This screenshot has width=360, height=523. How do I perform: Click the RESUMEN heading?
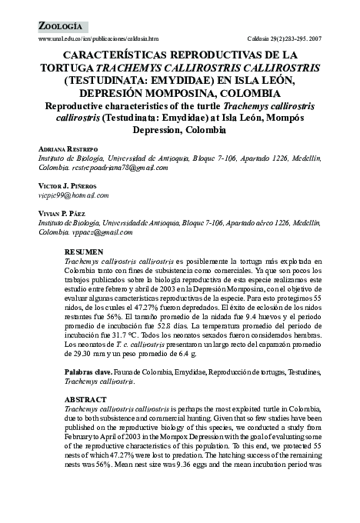point(82,253)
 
